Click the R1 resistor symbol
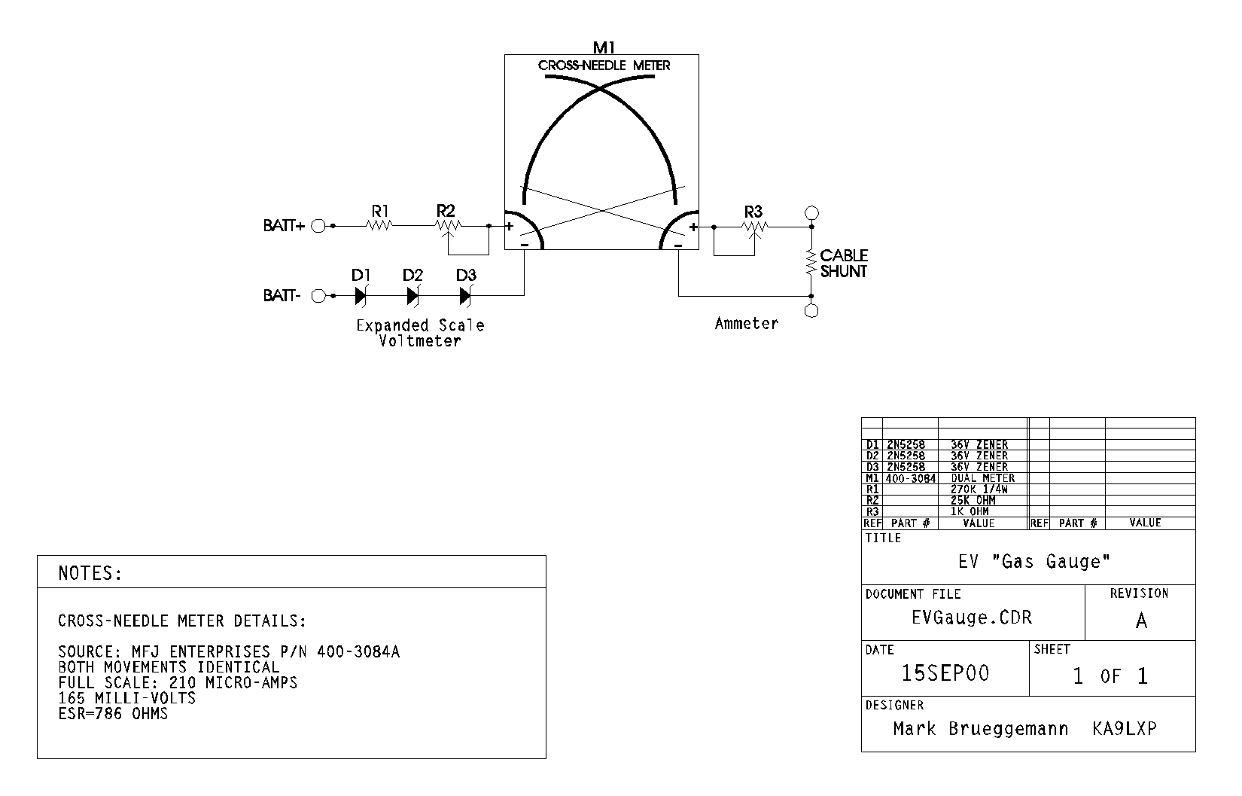tap(380, 225)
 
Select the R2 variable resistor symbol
tap(448, 225)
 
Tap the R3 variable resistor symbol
tap(754, 226)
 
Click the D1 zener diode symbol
tap(360, 296)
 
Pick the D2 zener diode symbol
tap(412, 296)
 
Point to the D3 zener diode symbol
tap(465, 296)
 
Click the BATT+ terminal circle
tap(318, 226)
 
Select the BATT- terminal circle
tap(318, 296)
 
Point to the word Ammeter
tap(746, 324)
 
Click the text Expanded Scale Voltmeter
tap(420, 333)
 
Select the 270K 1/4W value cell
tap(979, 489)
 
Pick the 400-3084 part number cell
tap(911, 478)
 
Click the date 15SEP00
tap(945, 673)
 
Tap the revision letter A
tap(1141, 621)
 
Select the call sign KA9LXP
tap(1124, 729)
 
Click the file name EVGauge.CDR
tap(972, 618)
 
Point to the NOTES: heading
tap(90, 574)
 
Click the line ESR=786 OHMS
tap(113, 714)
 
